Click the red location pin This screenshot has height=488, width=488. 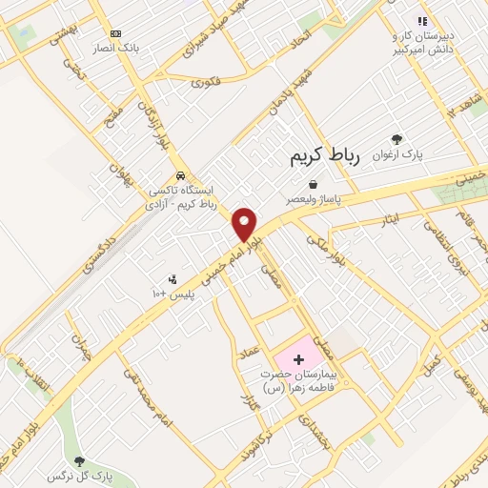coord(245,223)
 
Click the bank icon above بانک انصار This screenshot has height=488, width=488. coord(116,32)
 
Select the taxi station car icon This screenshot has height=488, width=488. coord(180,175)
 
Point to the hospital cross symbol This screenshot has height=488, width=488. coord(299,359)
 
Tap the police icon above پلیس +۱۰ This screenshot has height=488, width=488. coord(172,279)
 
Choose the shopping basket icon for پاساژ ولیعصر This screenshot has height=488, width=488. coord(314,184)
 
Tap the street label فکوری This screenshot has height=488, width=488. coord(205,83)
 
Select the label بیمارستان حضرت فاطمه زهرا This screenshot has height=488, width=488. coord(298,381)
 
